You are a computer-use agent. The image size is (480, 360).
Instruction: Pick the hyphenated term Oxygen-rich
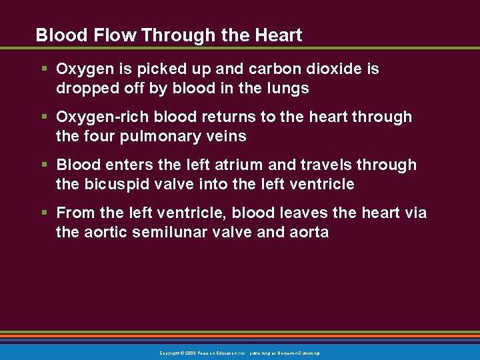pos(103,117)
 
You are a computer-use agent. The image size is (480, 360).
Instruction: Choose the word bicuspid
pos(112,184)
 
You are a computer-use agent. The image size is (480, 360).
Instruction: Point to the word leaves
pos(304,213)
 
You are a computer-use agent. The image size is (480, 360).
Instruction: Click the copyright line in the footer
pos(240,353)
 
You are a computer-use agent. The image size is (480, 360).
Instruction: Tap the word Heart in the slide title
pos(279,35)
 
